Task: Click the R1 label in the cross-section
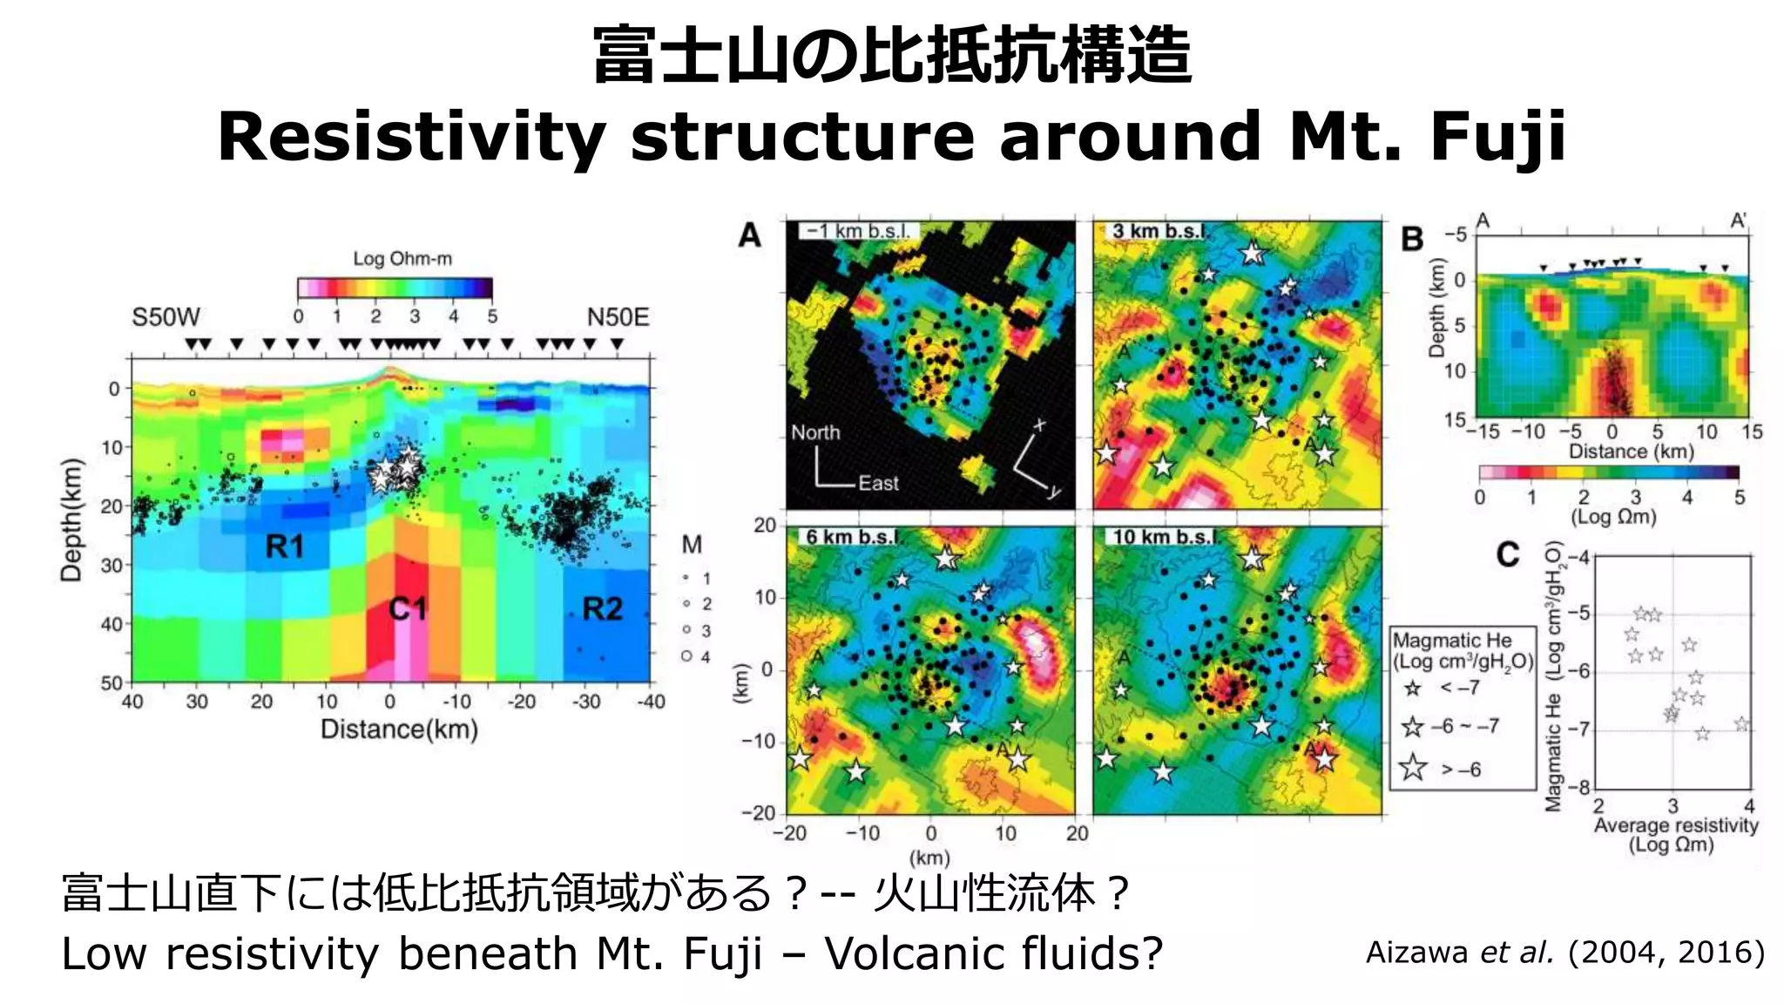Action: point(285,547)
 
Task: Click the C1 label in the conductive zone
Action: point(408,608)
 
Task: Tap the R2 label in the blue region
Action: point(602,608)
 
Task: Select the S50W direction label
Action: point(166,317)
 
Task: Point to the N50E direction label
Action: point(618,317)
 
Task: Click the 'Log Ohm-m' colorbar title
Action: point(402,259)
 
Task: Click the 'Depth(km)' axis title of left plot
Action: point(71,520)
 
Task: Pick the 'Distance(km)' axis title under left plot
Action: point(399,729)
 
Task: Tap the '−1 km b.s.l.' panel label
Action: point(857,231)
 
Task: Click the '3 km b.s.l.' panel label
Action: point(1158,231)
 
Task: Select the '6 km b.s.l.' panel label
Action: point(850,537)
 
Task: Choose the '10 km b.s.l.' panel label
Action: point(1162,537)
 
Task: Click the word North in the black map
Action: point(815,432)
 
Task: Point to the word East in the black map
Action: point(878,483)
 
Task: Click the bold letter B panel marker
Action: point(1412,240)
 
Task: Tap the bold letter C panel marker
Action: point(1508,555)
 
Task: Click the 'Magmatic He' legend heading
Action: point(1452,641)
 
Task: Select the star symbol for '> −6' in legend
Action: point(1413,768)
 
